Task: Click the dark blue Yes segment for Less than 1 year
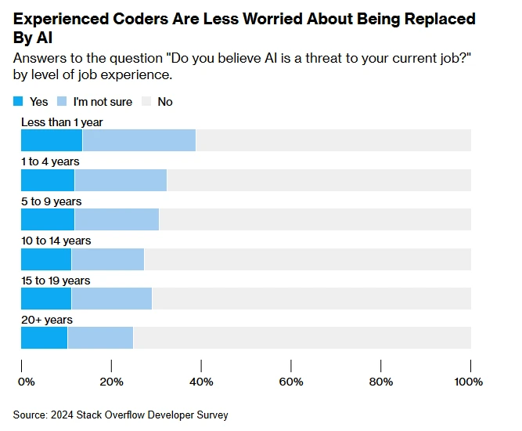click(x=52, y=140)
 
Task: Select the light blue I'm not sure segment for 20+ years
click(x=100, y=338)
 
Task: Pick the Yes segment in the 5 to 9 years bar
click(x=48, y=219)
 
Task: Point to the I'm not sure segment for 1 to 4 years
click(x=121, y=179)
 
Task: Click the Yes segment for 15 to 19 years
click(x=46, y=299)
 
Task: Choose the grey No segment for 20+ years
click(x=302, y=338)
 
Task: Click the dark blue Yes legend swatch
click(x=19, y=102)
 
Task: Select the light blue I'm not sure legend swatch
click(x=63, y=102)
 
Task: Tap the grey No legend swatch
click(x=146, y=102)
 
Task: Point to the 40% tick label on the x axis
click(x=201, y=382)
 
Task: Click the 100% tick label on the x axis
click(x=469, y=382)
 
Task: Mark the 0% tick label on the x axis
click(x=26, y=382)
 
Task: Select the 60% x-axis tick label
click(x=291, y=382)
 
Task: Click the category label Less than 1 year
click(x=62, y=122)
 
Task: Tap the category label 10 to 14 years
click(x=56, y=241)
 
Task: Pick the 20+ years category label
click(x=46, y=320)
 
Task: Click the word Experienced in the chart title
click(x=63, y=19)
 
